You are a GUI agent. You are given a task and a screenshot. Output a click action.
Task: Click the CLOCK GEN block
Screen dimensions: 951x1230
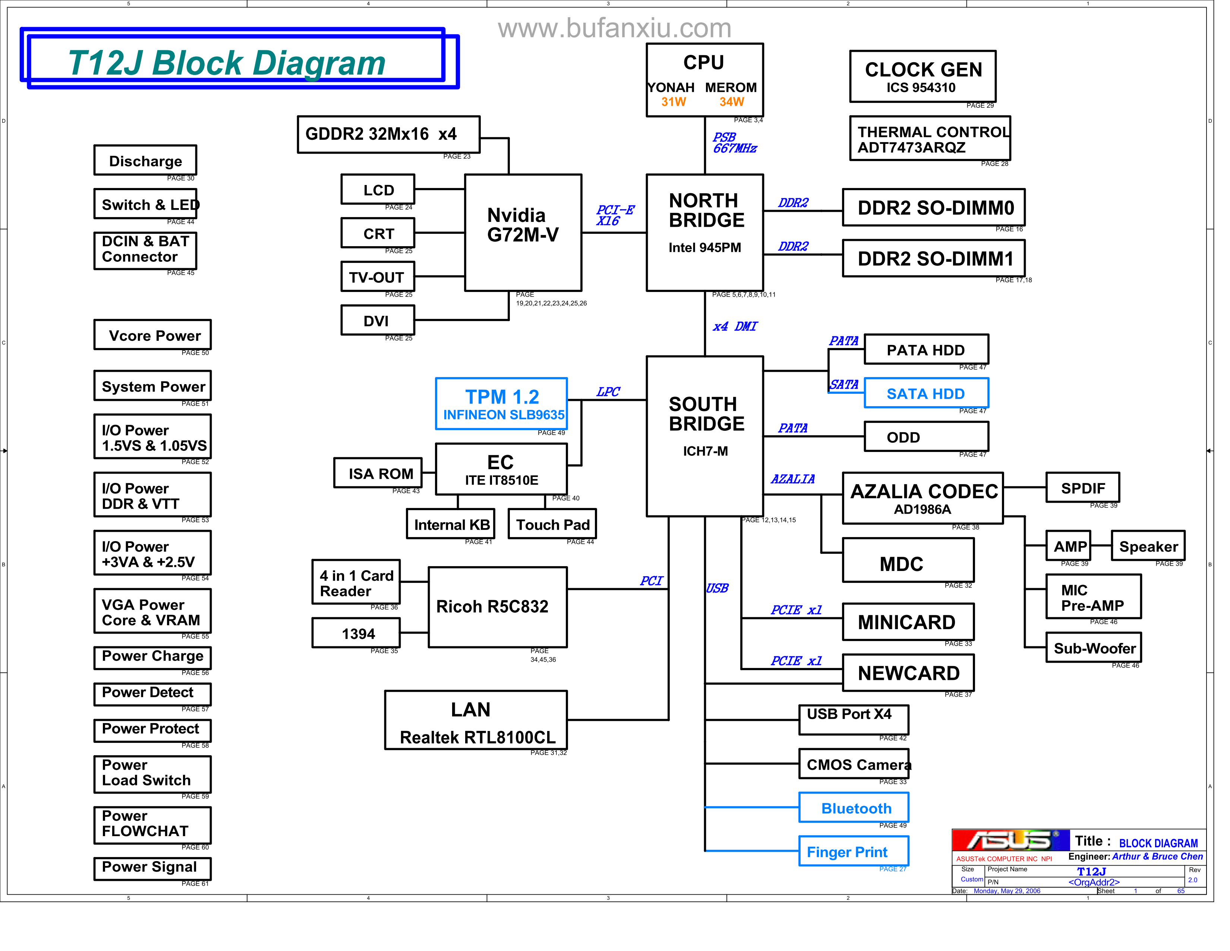[x=922, y=76]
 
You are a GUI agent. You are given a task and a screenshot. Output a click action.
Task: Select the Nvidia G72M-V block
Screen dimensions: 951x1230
[x=523, y=232]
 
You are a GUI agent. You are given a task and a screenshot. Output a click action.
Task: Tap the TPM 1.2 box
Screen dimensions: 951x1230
[x=501, y=404]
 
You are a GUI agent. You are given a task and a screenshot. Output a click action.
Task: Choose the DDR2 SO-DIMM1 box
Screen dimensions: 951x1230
[x=933, y=258]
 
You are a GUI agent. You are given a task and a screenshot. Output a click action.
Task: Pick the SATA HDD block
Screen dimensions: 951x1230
[x=925, y=393]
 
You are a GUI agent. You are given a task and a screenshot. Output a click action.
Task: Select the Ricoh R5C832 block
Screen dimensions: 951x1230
[x=497, y=607]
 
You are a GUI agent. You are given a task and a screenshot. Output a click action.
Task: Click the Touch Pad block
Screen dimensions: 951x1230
[x=552, y=524]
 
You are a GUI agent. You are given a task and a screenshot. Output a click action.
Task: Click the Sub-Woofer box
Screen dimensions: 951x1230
[x=1093, y=648]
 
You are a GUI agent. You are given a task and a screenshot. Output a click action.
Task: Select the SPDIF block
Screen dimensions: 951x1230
[x=1082, y=487]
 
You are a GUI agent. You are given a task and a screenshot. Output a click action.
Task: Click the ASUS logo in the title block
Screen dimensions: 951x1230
[x=1010, y=840]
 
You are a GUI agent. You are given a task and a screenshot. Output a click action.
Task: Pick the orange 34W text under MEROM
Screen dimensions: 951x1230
[x=731, y=102]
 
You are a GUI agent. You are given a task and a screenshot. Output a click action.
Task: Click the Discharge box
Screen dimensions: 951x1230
[x=145, y=161]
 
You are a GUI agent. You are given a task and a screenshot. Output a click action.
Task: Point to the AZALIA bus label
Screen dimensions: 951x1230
[x=792, y=479]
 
